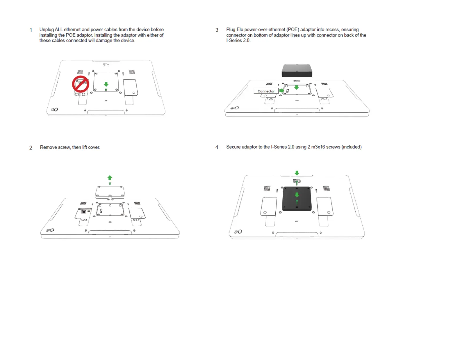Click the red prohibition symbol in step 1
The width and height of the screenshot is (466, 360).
tap(81, 84)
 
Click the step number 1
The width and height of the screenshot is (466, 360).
tap(31, 30)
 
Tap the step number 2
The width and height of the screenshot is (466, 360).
tap(31, 148)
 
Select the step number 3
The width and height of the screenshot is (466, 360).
tap(217, 30)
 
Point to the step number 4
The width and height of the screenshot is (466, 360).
tap(217, 147)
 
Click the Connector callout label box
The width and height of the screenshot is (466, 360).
tap(266, 91)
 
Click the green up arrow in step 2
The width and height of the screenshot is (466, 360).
tap(110, 178)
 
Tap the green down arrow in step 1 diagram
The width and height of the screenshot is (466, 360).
tap(106, 84)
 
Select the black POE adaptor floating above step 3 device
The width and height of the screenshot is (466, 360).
tap(297, 71)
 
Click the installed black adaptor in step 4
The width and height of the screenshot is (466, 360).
tap(297, 199)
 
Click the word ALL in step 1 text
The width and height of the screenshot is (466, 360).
tap(59, 29)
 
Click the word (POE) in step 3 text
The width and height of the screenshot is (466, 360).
tap(293, 29)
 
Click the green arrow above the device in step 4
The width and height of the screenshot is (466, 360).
tap(297, 173)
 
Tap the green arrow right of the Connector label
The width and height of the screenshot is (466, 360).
tap(282, 91)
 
